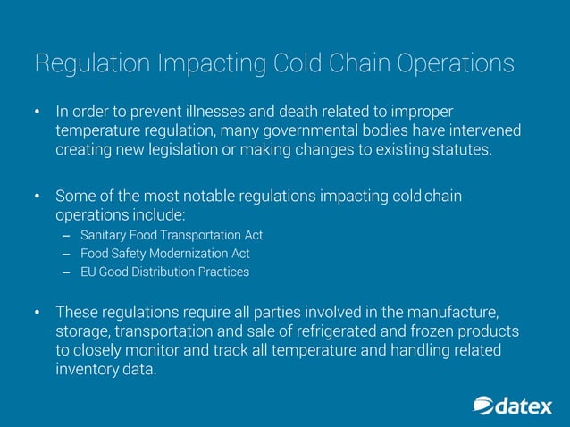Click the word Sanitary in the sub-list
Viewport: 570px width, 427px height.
click(105, 235)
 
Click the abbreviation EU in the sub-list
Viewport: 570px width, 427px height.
click(88, 272)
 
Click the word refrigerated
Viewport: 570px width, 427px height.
click(330, 331)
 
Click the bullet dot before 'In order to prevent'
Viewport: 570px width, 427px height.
click(38, 113)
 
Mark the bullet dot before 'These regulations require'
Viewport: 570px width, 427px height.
click(38, 313)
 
